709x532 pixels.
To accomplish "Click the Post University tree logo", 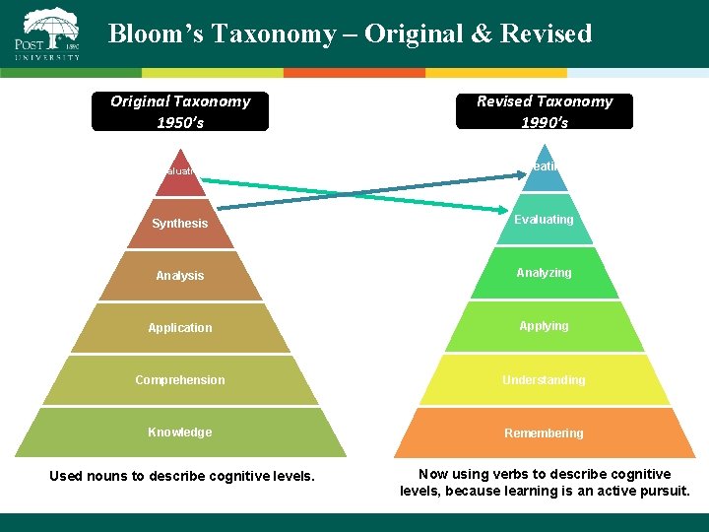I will click(51, 25).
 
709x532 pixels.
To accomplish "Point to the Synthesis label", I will click(180, 224).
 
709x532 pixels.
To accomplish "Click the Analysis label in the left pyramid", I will click(180, 276).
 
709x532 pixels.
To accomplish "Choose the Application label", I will click(180, 328).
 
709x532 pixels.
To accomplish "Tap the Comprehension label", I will click(180, 380).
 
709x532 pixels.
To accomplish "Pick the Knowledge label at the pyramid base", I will click(180, 432).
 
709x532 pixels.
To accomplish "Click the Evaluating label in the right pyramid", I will click(544, 220).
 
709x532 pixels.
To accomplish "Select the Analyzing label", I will click(544, 273).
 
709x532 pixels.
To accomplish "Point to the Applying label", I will click(544, 326).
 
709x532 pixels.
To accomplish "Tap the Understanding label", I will click(544, 380).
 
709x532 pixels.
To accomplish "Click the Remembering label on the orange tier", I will click(544, 433).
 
